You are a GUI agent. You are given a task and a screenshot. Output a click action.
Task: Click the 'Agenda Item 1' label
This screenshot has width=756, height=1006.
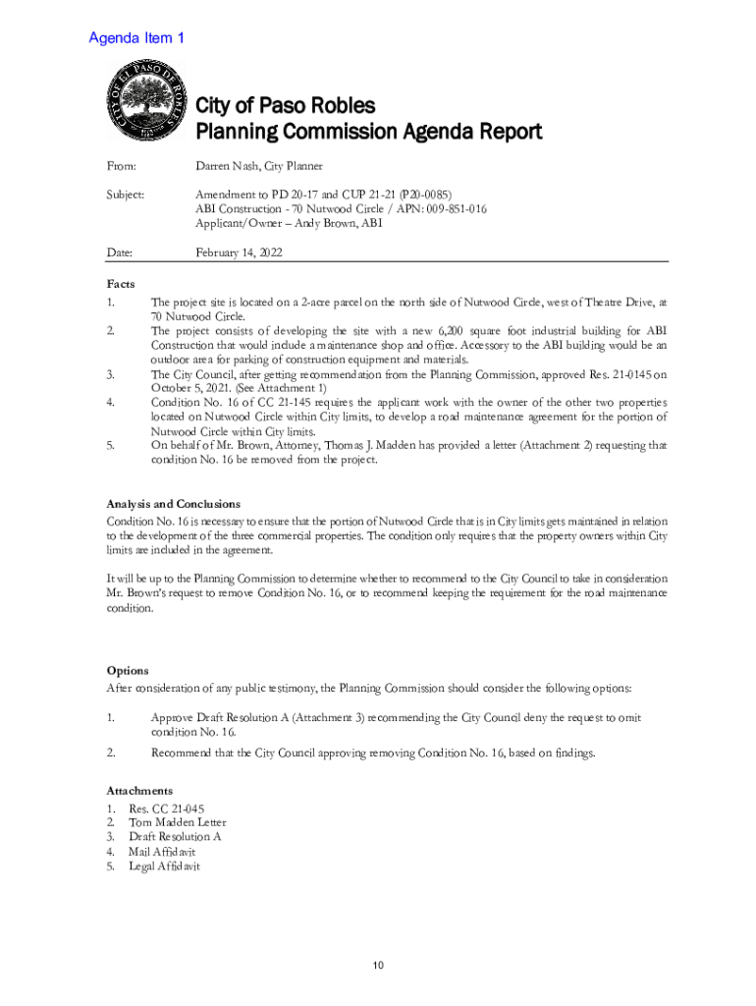pyautogui.click(x=136, y=38)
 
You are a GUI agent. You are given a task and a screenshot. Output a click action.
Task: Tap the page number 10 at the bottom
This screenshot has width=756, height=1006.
pyautogui.click(x=377, y=965)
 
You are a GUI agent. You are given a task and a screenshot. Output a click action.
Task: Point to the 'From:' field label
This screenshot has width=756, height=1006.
pyautogui.click(x=121, y=167)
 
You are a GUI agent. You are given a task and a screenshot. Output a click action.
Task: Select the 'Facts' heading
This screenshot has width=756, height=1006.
pyautogui.click(x=121, y=283)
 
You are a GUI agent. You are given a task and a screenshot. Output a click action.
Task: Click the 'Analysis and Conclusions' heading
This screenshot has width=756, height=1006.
pyautogui.click(x=173, y=504)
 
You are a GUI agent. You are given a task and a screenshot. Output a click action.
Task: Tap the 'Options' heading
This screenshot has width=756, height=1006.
pyautogui.click(x=128, y=671)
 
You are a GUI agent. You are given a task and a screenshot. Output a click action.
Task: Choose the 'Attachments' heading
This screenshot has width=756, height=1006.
pyautogui.click(x=139, y=790)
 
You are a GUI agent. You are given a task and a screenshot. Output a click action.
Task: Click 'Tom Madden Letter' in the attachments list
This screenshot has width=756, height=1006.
pyautogui.click(x=178, y=822)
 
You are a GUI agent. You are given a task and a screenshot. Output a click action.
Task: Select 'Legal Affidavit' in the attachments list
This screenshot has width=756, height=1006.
pyautogui.click(x=165, y=866)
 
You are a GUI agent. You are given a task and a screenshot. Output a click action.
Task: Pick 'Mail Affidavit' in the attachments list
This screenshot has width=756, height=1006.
pyautogui.click(x=162, y=852)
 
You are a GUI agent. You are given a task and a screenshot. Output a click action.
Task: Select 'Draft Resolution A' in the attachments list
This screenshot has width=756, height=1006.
pyautogui.click(x=175, y=837)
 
